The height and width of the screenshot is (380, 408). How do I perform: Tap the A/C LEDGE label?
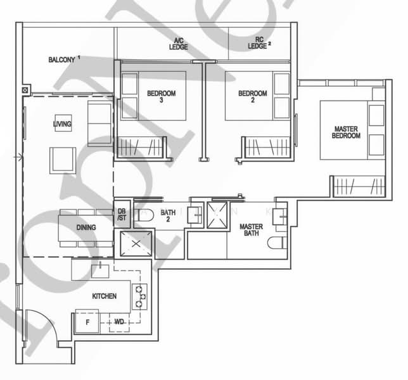click(178, 44)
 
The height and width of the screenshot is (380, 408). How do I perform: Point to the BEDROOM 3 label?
click(161, 97)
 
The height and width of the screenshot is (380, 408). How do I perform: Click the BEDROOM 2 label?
click(253, 97)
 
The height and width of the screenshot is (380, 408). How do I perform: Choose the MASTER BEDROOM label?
click(347, 132)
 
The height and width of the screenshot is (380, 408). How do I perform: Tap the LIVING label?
click(62, 124)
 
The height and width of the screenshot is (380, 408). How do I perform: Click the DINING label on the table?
click(86, 227)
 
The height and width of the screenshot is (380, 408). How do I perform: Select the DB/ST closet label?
click(122, 215)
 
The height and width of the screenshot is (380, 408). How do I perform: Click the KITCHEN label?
click(104, 296)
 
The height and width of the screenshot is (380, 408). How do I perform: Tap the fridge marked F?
click(87, 321)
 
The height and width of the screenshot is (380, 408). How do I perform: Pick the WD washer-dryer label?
click(119, 322)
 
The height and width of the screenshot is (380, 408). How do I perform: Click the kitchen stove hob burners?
click(139, 296)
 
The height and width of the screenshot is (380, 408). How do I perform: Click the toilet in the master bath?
click(276, 243)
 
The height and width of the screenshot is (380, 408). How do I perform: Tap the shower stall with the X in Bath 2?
click(133, 243)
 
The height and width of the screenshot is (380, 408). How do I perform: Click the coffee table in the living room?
click(63, 160)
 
